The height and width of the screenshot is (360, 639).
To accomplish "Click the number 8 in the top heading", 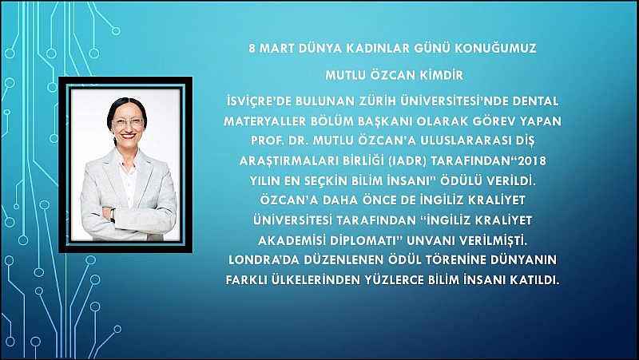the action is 252,49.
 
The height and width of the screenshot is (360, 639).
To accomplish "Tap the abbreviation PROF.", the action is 263,141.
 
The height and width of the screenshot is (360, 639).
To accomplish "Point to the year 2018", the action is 531,161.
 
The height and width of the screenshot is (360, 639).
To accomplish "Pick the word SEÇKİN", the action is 328,181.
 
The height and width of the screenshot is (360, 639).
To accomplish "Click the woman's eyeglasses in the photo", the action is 128,122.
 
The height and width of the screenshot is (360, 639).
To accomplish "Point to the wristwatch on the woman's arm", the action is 113,215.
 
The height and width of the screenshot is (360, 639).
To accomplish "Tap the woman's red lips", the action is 127,136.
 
